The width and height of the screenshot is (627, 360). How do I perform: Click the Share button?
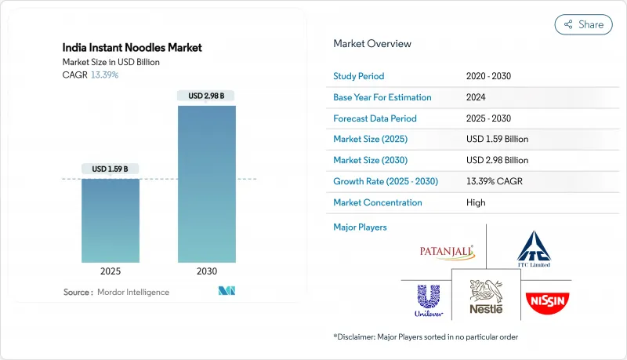coord(583,24)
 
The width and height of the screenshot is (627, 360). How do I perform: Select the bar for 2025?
coord(110,220)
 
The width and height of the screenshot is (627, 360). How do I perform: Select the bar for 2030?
coord(207,184)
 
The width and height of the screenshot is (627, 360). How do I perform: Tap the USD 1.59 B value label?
coord(110,169)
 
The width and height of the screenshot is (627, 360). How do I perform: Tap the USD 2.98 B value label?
coord(207,96)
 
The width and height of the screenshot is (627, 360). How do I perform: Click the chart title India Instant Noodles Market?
coord(132,48)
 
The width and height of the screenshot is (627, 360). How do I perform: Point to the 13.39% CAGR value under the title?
coord(106,75)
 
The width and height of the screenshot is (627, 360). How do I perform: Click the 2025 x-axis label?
coord(110,271)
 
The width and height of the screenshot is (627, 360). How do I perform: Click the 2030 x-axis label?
coord(207,271)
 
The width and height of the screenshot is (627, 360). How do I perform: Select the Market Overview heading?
coord(372,44)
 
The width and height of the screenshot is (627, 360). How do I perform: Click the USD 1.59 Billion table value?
coord(497,139)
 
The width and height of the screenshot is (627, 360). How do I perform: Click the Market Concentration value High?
coord(475,202)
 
